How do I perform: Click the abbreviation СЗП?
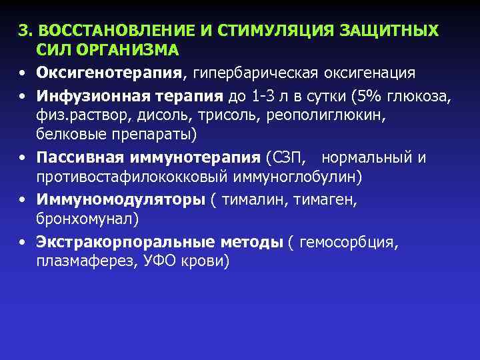coord(287,158)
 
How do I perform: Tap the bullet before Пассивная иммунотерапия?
coord(23,159)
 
